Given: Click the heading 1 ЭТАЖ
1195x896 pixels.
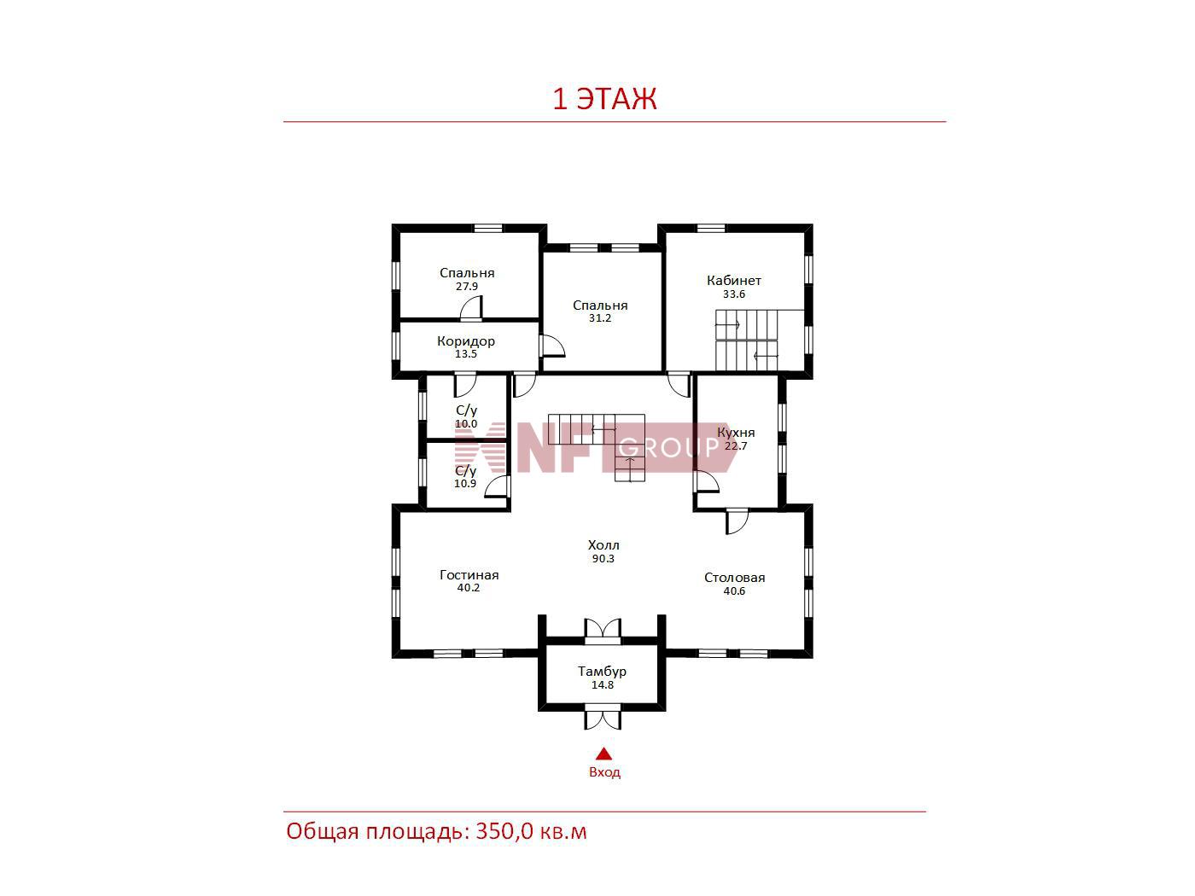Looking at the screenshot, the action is (604, 99).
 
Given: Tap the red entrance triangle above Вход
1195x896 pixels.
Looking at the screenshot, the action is (603, 753).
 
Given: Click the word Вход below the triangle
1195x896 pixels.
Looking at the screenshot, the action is (604, 772).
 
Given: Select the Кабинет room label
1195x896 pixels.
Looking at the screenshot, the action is (733, 280).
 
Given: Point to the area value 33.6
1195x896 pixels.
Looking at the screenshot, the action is (733, 294).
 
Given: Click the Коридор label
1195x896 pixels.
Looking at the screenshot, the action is (465, 341).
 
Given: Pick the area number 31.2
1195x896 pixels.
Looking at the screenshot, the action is (599, 318).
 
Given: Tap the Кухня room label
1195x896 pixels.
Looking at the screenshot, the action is (736, 433).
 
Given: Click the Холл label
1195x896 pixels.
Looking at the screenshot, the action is (603, 545).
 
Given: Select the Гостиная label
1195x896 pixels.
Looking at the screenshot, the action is (469, 575).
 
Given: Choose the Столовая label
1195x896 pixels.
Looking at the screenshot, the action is (734, 578).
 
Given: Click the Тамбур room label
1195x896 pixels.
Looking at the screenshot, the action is (602, 672).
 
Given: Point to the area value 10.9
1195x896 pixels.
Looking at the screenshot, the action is (465, 484).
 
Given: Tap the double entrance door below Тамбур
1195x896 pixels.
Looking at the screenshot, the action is (603, 718).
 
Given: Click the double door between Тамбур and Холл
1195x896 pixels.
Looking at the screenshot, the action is (602, 628).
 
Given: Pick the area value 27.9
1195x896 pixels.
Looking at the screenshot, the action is (467, 287).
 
